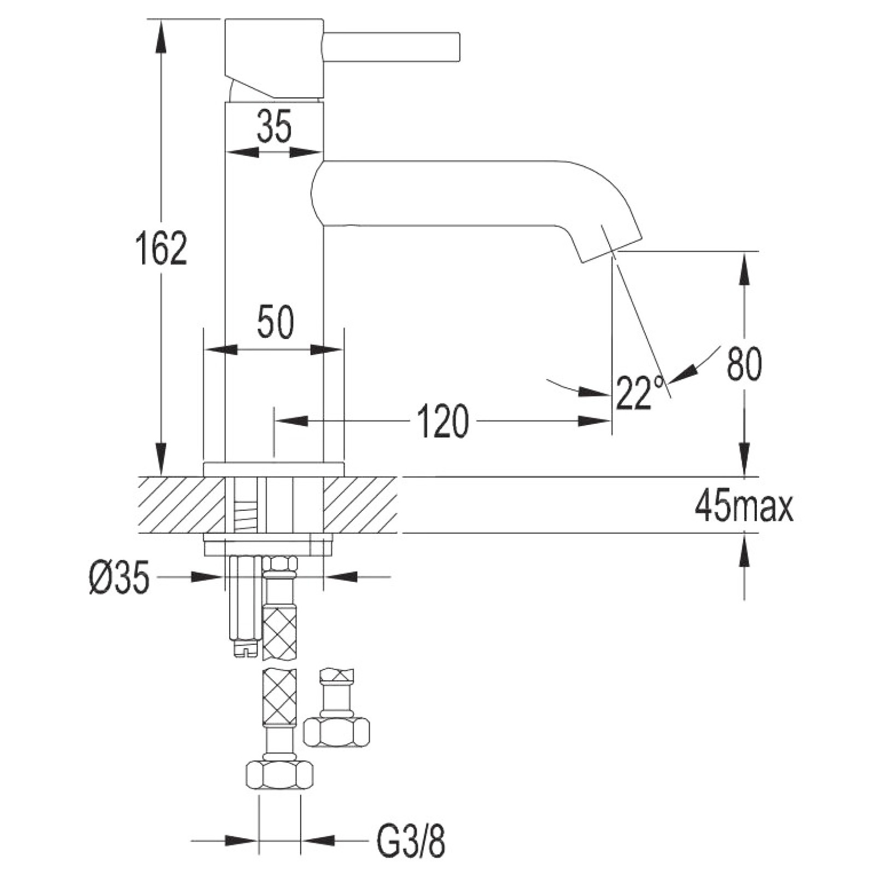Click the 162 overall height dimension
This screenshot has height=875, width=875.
(161, 248)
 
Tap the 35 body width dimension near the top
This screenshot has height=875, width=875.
(275, 126)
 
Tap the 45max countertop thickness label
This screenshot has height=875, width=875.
(744, 507)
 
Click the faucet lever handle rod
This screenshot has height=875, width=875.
(392, 46)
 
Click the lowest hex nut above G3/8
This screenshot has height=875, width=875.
(280, 774)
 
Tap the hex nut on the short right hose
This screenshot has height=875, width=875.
(336, 732)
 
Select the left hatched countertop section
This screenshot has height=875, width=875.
(182, 504)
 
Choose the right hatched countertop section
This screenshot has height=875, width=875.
(360, 504)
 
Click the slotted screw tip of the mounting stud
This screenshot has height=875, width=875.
(245, 650)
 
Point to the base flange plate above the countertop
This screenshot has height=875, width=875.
(273, 469)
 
